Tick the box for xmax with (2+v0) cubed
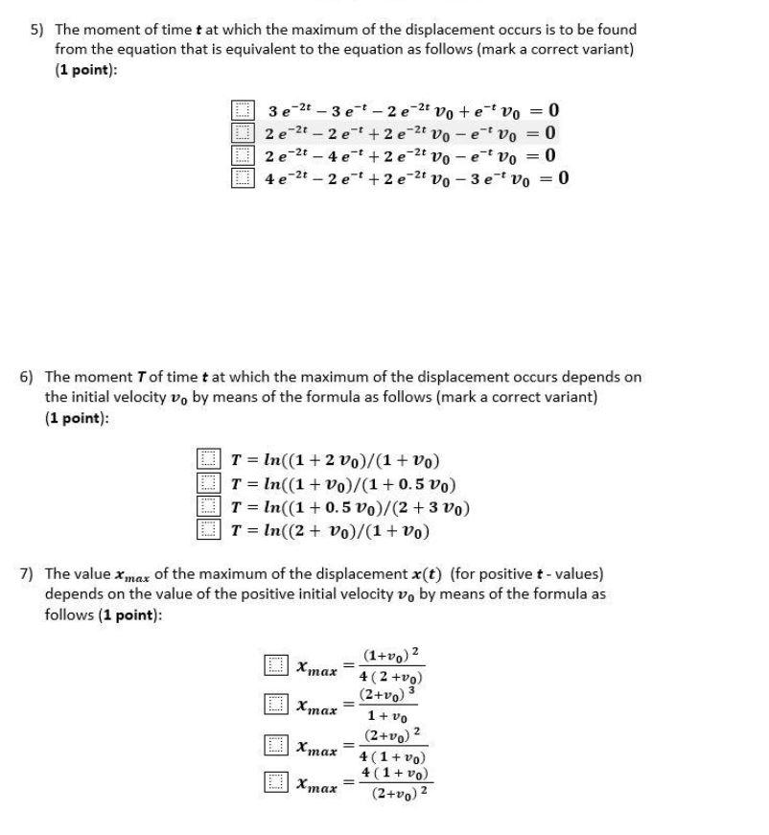pos(276,705)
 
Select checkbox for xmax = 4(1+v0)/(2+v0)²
pos(276,783)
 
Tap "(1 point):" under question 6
pos(77,418)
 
